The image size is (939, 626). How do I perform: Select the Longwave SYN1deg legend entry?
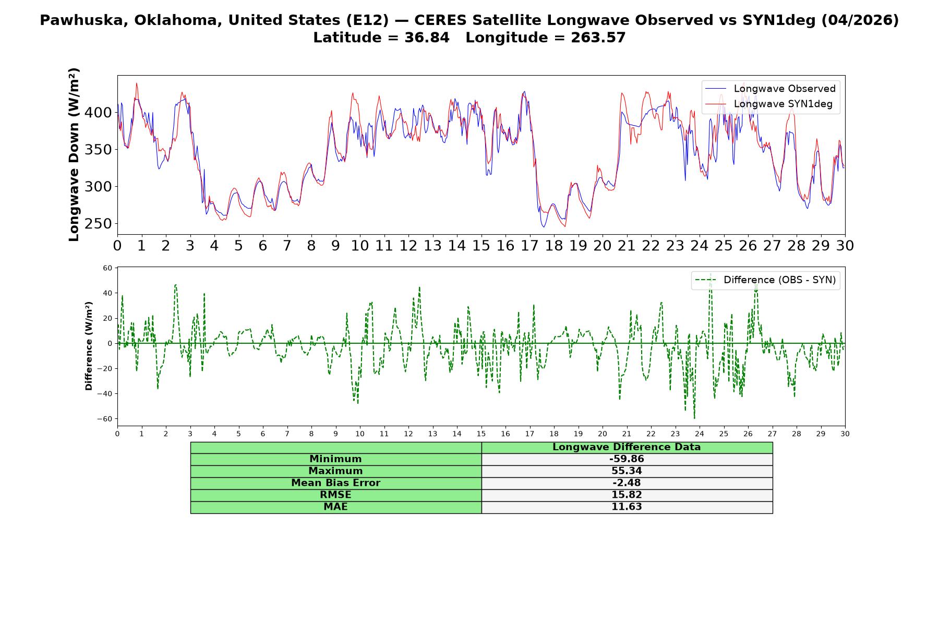[769, 104]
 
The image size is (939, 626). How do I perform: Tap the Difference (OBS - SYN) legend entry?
[766, 280]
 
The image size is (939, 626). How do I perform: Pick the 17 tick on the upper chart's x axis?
[529, 245]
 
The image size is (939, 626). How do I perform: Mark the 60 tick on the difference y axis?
[107, 268]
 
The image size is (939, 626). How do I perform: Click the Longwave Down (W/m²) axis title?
[74, 154]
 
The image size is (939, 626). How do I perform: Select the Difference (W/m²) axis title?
[89, 346]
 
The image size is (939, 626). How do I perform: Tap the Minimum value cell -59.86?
[627, 459]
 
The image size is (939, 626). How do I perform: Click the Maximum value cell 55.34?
[627, 471]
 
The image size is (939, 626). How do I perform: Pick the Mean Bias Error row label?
[335, 483]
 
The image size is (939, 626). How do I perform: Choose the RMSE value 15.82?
[627, 495]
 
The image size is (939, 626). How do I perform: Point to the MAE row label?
[335, 507]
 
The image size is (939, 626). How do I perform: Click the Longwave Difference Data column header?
[627, 447]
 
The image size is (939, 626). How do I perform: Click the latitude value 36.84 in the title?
[427, 38]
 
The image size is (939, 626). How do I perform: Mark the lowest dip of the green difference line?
[694, 418]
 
